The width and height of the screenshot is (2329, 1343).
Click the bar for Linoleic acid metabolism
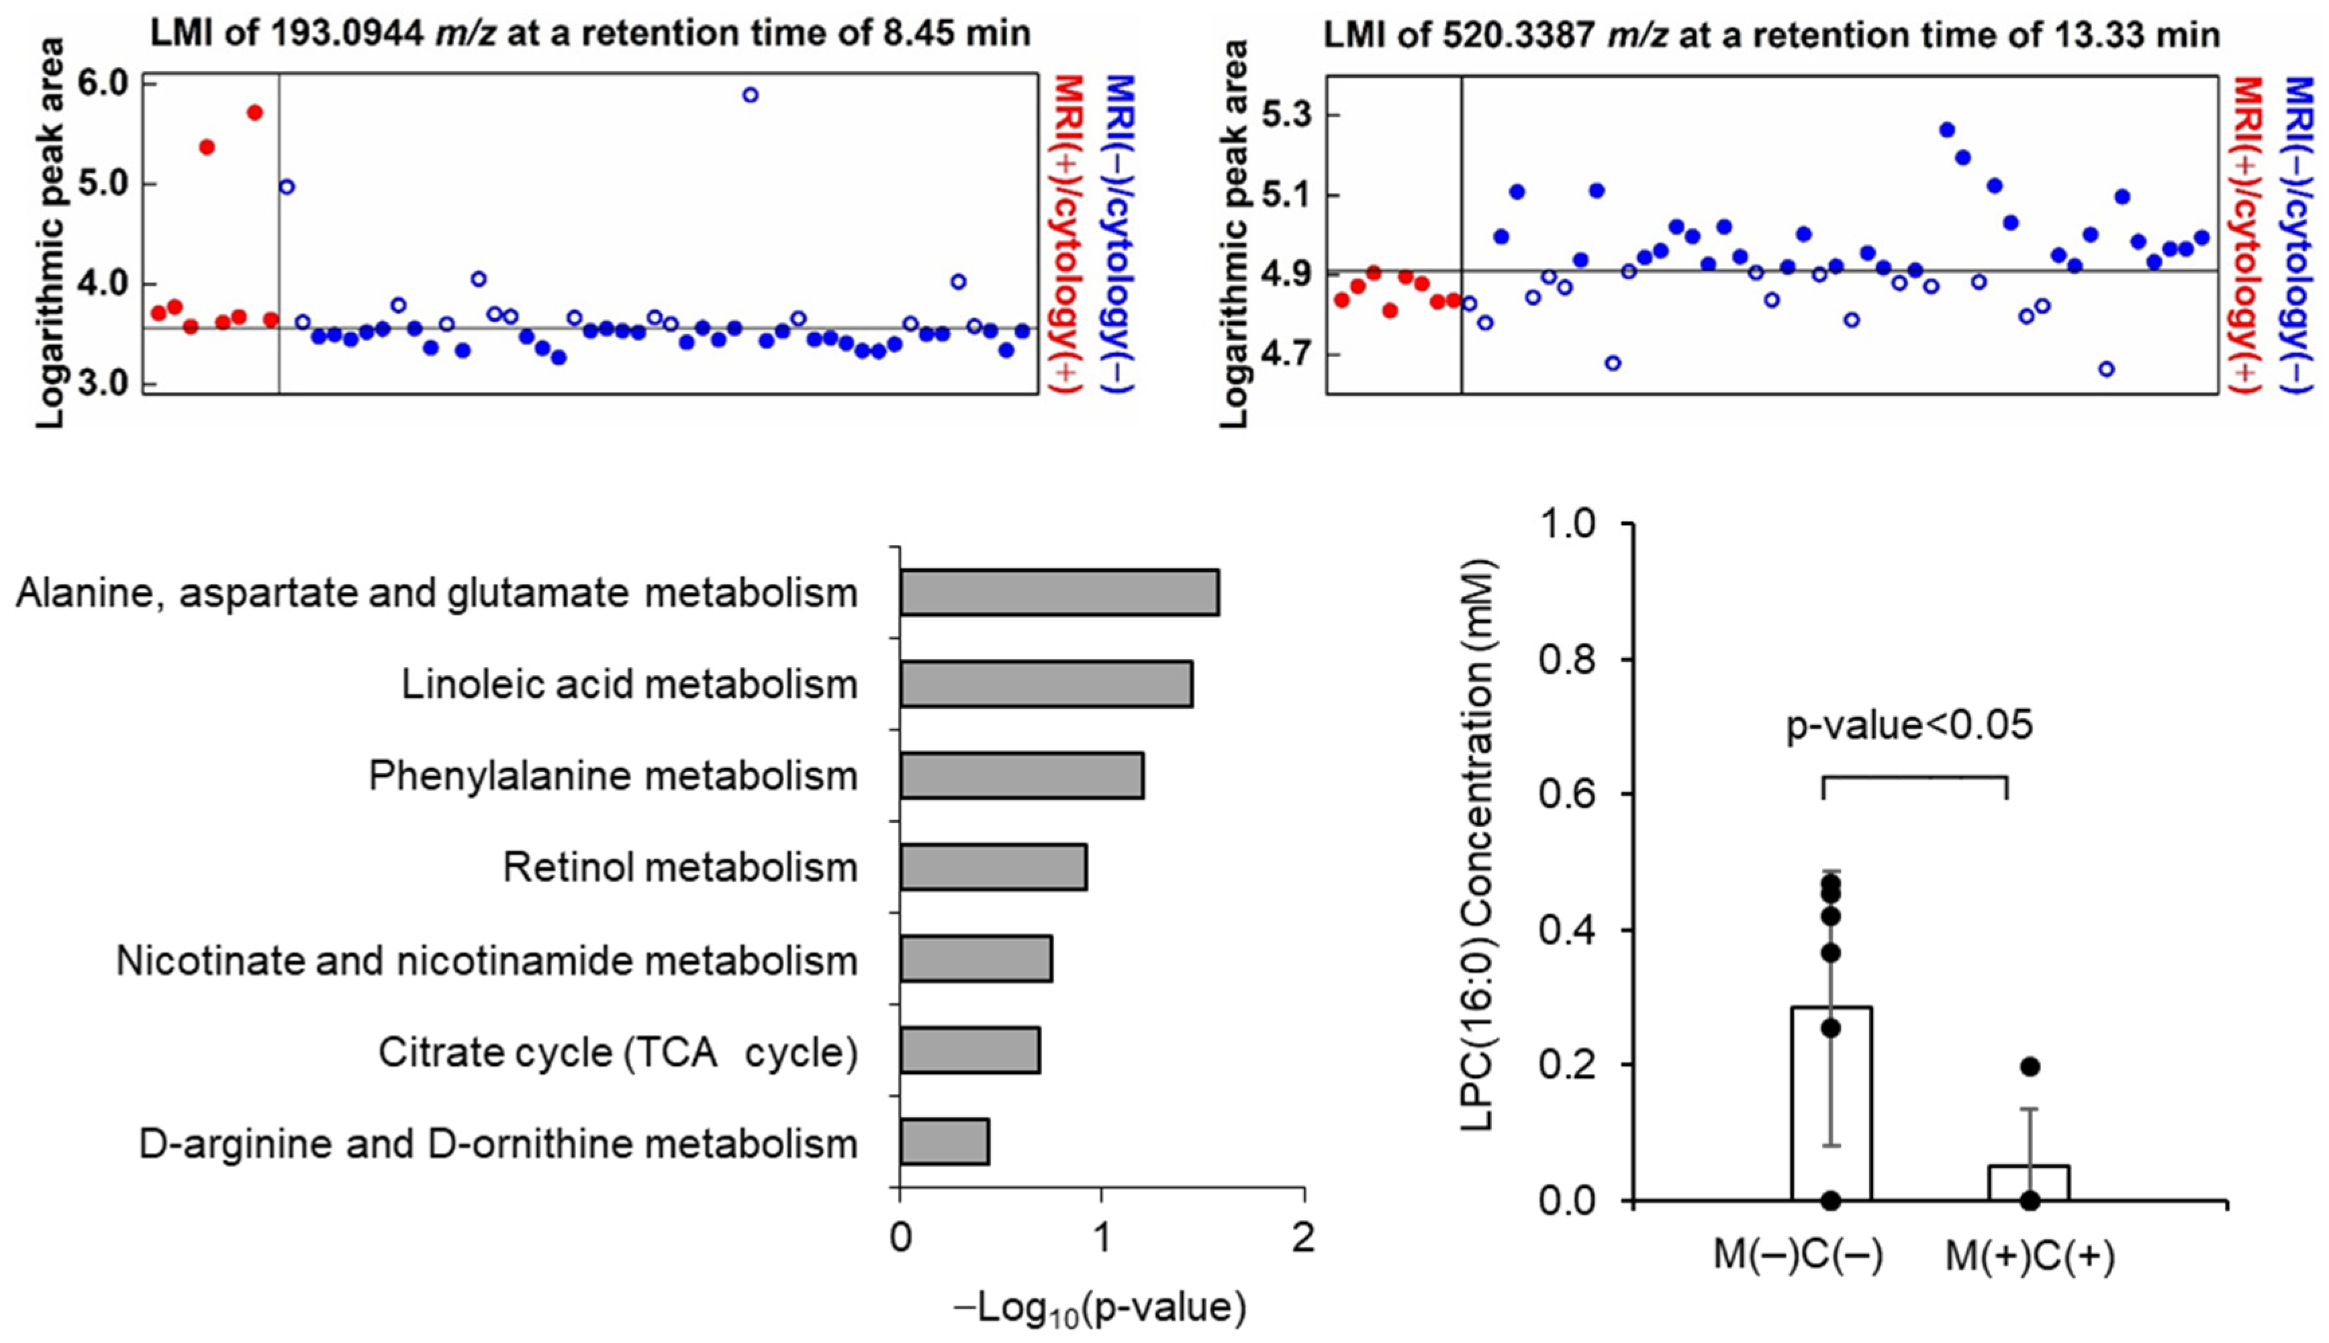click(1045, 683)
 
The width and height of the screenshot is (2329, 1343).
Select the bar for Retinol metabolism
click(992, 867)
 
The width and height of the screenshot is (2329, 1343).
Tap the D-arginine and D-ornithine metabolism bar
click(943, 1142)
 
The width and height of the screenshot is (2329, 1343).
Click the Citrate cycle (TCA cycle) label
click(618, 1052)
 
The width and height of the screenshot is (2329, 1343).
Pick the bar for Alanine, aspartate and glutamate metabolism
click(1059, 592)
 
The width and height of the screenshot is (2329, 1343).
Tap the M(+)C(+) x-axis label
click(2029, 1256)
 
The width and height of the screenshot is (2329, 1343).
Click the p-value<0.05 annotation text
click(1909, 725)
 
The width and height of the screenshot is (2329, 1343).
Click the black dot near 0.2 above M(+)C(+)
click(2029, 1067)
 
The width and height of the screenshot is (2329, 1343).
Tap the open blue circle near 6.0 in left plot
click(750, 95)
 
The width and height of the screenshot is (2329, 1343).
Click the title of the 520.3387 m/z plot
click(1771, 35)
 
